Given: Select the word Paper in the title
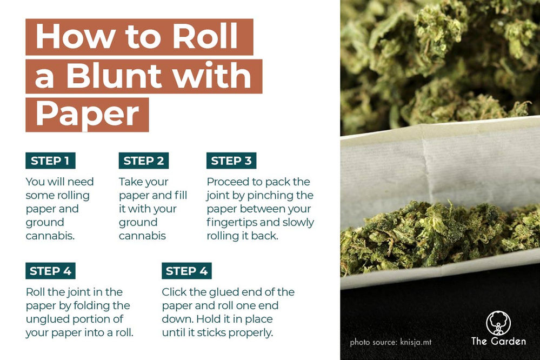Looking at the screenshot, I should click(x=87, y=113).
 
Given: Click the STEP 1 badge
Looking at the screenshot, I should click(x=50, y=161).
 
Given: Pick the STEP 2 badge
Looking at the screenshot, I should click(x=144, y=161).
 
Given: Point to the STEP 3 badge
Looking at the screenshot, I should click(x=231, y=161).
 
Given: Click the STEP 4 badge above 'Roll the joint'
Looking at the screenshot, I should click(x=50, y=271).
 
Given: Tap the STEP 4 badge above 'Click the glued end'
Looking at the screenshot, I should click(x=186, y=271).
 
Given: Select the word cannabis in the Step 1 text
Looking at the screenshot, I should click(x=49, y=236).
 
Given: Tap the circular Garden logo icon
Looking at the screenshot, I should click(x=498, y=323).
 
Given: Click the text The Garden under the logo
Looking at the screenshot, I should click(x=498, y=341).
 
